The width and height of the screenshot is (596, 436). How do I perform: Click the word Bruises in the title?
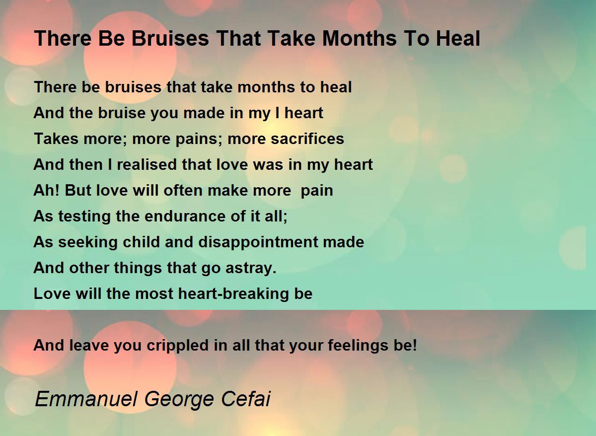(170, 39)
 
